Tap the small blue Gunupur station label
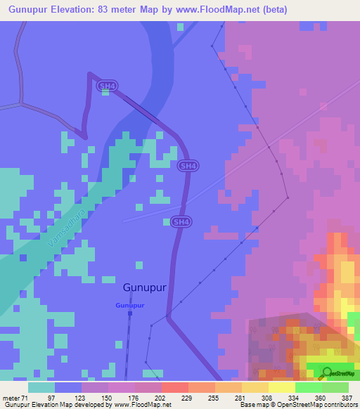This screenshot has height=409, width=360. coord(130,306)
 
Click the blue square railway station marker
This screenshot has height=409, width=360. coord(130,314)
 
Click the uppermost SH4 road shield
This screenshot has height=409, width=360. coord(107,86)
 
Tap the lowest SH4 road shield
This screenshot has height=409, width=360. coord(181,221)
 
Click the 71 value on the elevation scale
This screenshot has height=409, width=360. coord(27,398)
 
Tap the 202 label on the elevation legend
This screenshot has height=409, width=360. coord(161,398)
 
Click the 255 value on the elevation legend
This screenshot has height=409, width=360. coord(214,398)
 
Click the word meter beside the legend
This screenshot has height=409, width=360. coord(11,398)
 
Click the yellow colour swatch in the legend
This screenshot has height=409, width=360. coord(281,387)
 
